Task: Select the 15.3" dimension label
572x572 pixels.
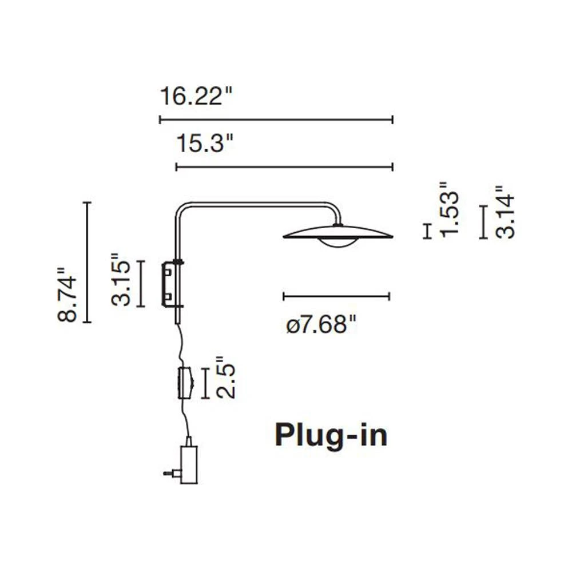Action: tap(205, 143)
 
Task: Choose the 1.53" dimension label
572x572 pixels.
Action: tap(450, 208)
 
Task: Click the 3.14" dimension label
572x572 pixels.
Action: tap(505, 212)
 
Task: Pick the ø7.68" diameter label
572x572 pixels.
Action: tap(320, 325)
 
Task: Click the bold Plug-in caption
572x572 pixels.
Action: tap(331, 435)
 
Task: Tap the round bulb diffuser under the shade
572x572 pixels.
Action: tap(338, 243)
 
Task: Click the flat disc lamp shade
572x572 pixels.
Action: tap(337, 233)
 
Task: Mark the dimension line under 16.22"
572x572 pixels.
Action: tap(276, 120)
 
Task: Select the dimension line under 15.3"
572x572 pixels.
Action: tap(284, 166)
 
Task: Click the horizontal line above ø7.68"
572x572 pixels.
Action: tap(336, 296)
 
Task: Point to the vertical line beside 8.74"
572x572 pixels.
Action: tap(87, 262)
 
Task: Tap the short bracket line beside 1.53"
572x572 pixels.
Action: tap(428, 231)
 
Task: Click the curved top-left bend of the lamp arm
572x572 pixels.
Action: tap(182, 208)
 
